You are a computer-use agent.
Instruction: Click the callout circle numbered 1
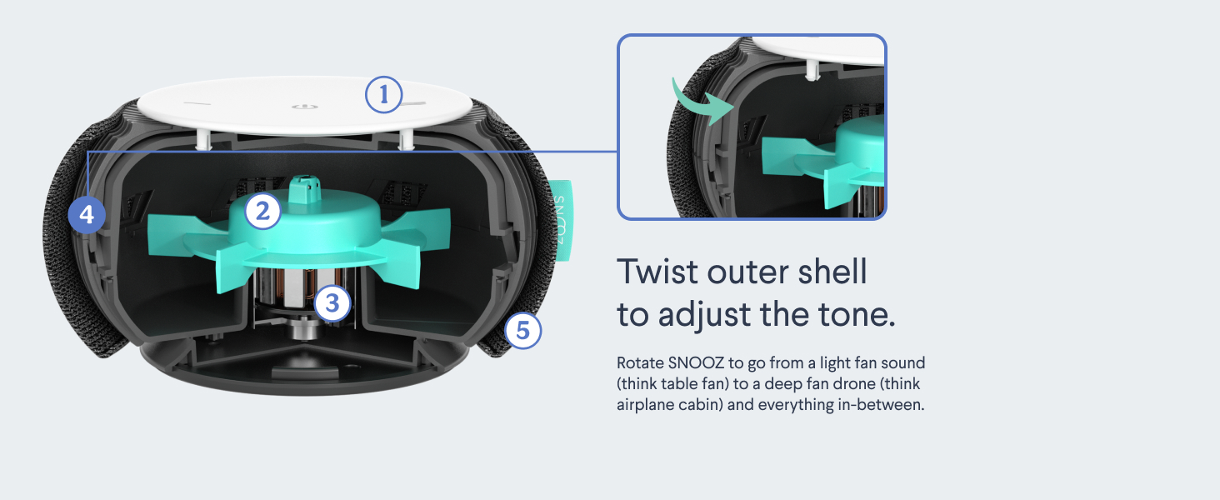coord(383,96)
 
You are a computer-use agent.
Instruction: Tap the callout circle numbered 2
coord(263,212)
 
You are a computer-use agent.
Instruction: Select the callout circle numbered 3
coord(332,304)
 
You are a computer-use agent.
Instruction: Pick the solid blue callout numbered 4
coord(87,216)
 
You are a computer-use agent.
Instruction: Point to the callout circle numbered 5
coord(522,331)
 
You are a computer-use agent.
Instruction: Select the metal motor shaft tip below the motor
coord(302,332)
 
